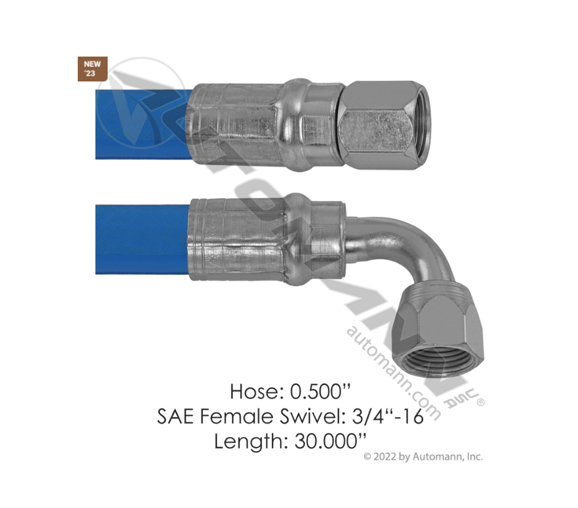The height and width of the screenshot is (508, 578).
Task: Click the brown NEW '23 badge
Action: click(x=93, y=69)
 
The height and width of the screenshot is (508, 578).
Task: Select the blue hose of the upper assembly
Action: click(x=143, y=124)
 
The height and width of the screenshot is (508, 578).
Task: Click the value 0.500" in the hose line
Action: click(x=320, y=391)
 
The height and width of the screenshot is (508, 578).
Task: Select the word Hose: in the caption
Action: click(x=257, y=391)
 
